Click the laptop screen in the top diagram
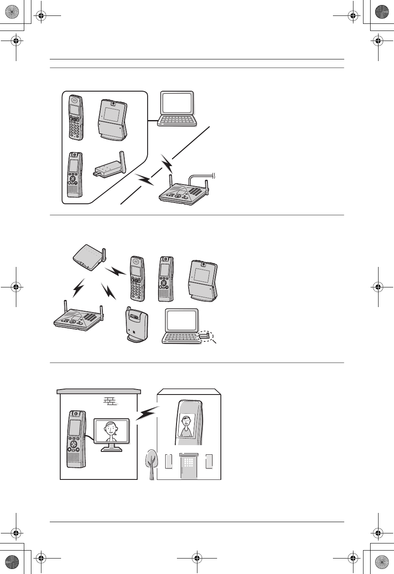click(177, 103)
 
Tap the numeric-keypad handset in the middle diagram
click(137, 278)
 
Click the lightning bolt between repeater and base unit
click(79, 288)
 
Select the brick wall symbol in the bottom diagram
click(110, 401)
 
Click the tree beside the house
click(151, 464)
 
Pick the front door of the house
click(189, 467)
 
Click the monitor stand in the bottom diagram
click(111, 447)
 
